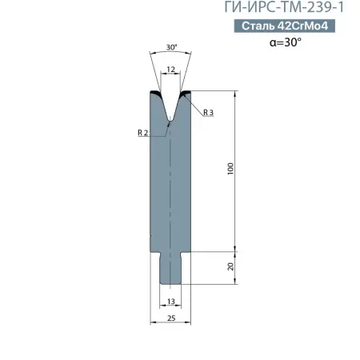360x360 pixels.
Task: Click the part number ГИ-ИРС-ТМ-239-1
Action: pyautogui.click(x=284, y=7)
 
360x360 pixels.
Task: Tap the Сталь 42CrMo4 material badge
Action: pyautogui.click(x=285, y=26)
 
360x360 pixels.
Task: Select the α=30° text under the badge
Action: pyautogui.click(x=286, y=42)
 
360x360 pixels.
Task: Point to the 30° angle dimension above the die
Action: pyautogui.click(x=172, y=47)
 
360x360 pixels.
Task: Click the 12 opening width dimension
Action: pyautogui.click(x=170, y=70)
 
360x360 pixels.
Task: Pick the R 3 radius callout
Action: pyautogui.click(x=209, y=113)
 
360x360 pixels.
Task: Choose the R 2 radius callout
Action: pyautogui.click(x=142, y=133)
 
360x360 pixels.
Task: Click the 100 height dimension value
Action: pyautogui.click(x=230, y=169)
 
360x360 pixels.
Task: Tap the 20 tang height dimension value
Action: pyautogui.click(x=230, y=266)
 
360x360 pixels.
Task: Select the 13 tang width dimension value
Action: pyautogui.click(x=171, y=302)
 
